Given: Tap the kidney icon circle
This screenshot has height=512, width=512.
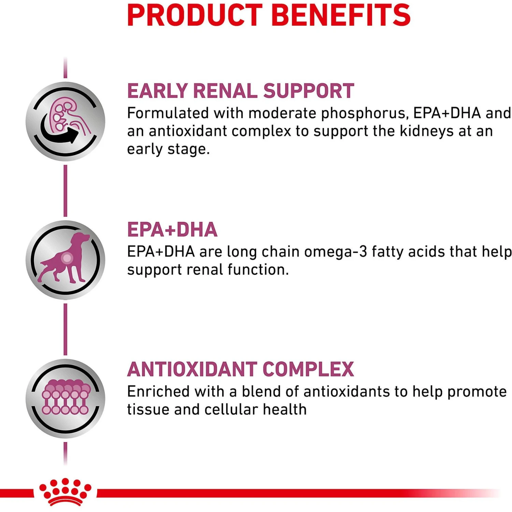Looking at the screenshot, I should tap(66, 121).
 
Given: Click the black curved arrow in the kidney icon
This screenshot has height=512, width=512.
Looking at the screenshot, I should tap(60, 132).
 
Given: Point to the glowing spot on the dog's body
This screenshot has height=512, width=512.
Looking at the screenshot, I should tap(67, 258).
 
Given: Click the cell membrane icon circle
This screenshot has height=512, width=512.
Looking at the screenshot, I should tap(66, 398).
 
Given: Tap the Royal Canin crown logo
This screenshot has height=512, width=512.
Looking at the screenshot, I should tap(65, 492).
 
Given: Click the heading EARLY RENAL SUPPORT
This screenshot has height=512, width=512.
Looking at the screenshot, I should tap(240, 91).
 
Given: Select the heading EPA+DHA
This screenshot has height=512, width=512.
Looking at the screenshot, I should tap(172, 229).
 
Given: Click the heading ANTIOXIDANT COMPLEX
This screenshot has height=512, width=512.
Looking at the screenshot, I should tap(240, 369).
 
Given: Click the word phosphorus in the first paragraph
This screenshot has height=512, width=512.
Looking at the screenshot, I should tap(364, 113).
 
